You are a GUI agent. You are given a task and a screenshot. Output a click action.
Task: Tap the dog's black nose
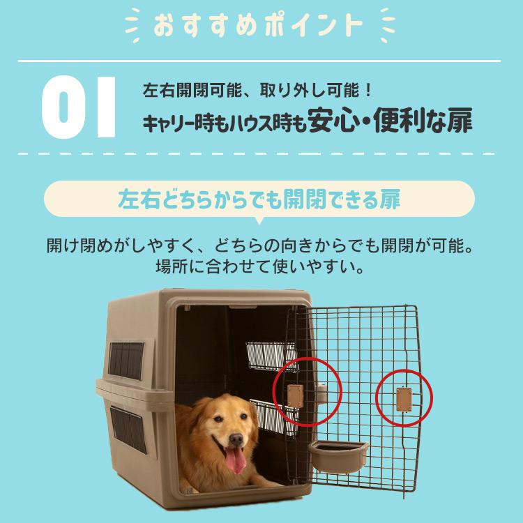[236, 440]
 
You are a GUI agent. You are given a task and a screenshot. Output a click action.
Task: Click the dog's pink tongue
[235, 461]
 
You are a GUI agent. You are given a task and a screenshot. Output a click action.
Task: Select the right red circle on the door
[404, 399]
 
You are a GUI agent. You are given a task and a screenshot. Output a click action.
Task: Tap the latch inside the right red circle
[403, 400]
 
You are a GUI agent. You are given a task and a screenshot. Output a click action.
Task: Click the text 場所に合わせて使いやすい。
[259, 267]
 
